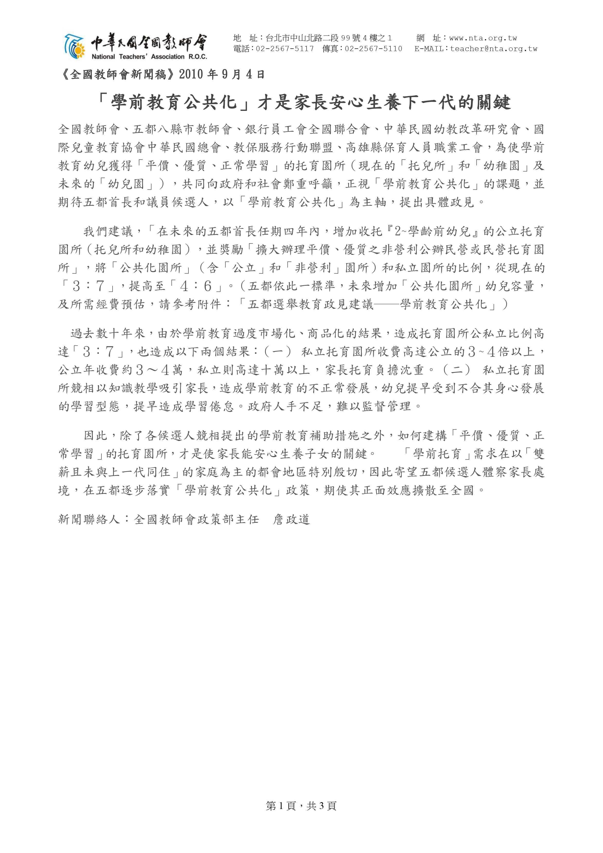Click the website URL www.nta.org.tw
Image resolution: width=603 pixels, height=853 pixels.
tap(483, 38)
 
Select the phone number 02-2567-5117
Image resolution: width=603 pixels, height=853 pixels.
tap(284, 49)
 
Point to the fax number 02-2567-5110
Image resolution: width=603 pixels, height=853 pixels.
tap(373, 49)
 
